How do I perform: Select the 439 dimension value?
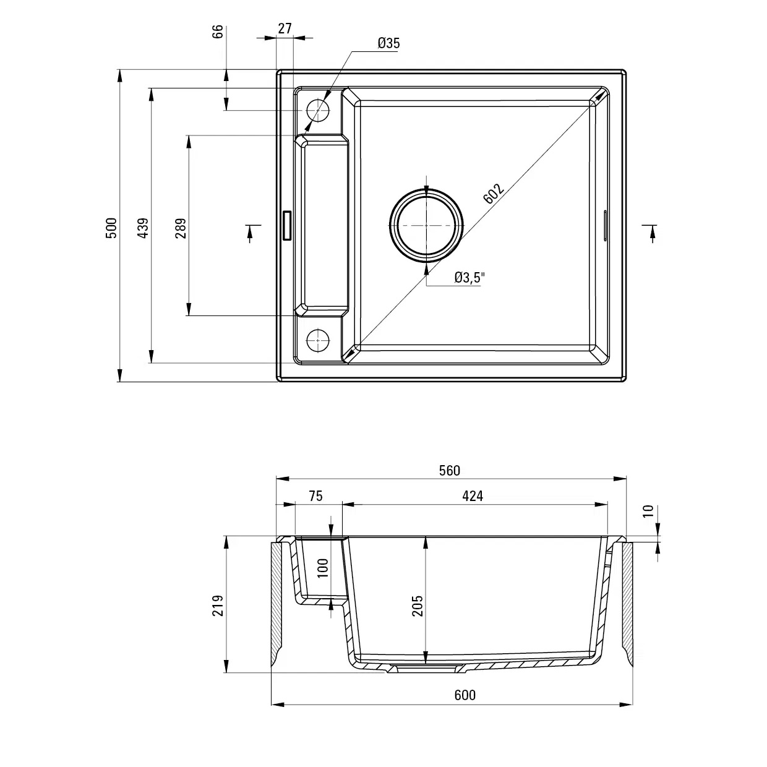143,228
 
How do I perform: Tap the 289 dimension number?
181,228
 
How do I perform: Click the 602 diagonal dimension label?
494,194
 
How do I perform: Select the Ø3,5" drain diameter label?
469,278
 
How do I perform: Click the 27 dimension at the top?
285,28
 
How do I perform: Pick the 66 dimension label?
218,32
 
